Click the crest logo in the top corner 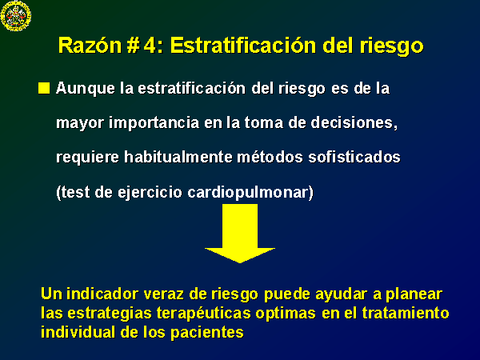tap(16, 16)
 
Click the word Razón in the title tap(90, 46)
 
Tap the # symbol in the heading tap(133, 46)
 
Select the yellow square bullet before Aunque tap(44, 88)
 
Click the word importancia tap(154, 123)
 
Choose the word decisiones tap(354, 122)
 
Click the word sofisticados tap(354, 157)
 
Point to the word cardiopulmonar tap(250, 193)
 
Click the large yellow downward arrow tap(240, 234)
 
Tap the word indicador tap(102, 294)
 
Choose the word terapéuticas tap(203, 314)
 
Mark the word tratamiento tap(406, 313)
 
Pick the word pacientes tap(207, 333)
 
